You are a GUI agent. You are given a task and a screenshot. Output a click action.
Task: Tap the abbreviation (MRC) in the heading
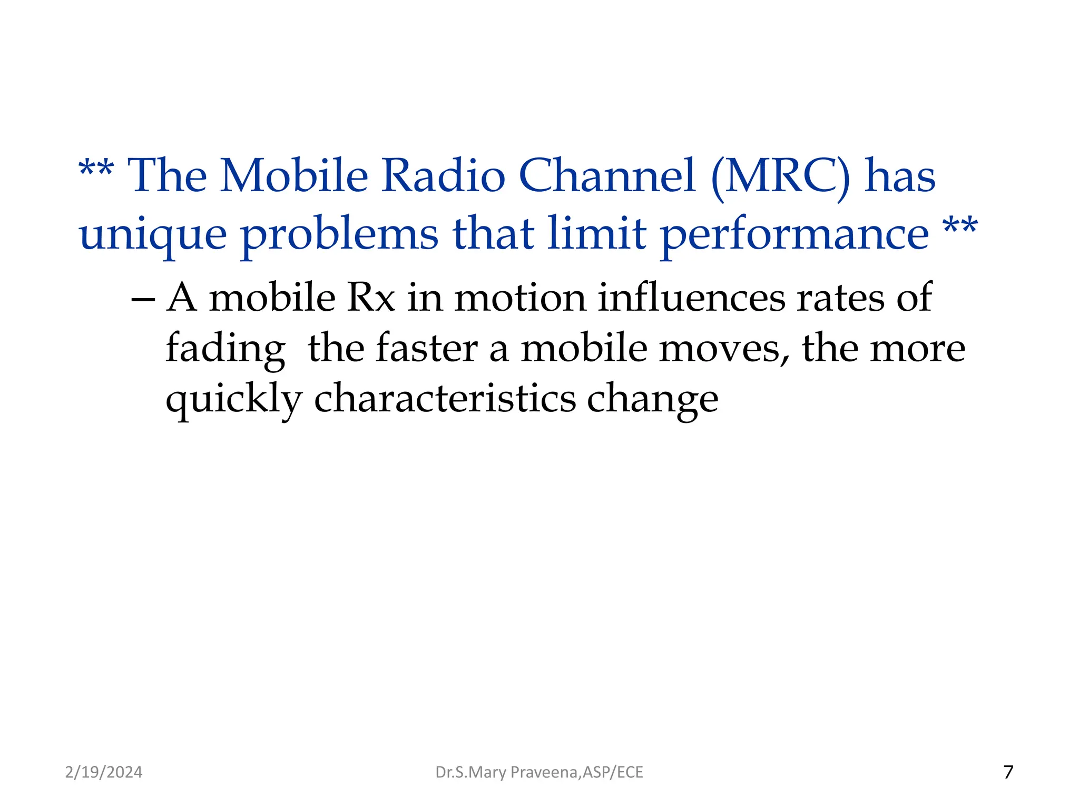[x=780, y=176]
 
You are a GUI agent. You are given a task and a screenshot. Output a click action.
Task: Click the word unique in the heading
[x=153, y=235]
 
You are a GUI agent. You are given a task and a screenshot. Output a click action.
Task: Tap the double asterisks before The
[x=96, y=170]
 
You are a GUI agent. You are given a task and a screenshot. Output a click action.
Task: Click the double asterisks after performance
[x=960, y=227]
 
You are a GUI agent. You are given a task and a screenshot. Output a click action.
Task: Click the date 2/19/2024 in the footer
[x=104, y=772]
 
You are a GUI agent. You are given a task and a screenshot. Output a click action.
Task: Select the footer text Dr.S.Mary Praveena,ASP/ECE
[x=539, y=772]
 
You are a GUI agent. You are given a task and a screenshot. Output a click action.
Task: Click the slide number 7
[x=1008, y=772]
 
